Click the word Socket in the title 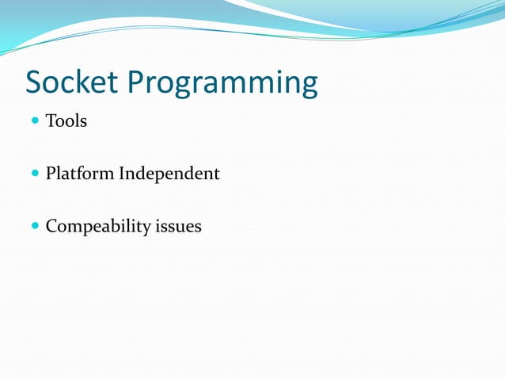tap(72, 82)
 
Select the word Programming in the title tap(222, 84)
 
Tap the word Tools tap(66, 121)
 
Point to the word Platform tap(80, 174)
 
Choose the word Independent tap(169, 174)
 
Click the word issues tap(178, 226)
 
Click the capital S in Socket tap(35, 82)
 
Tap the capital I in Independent tap(123, 173)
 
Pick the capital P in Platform tap(51, 173)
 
